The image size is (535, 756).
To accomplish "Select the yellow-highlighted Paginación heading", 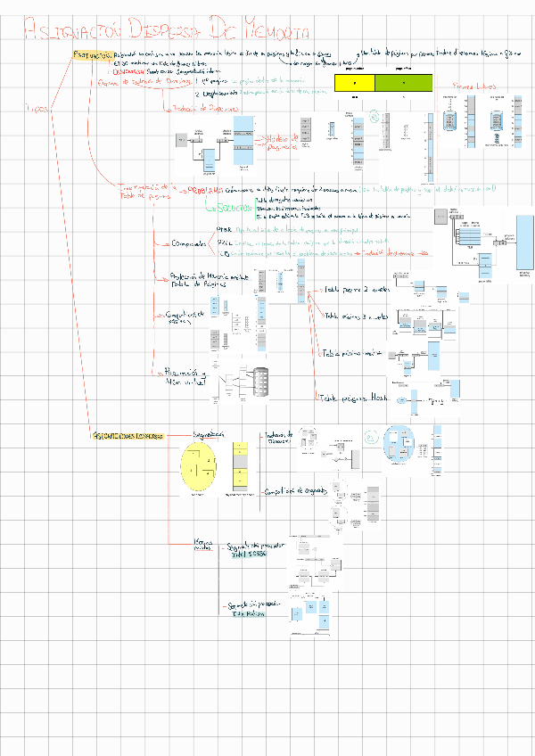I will (x=91, y=55).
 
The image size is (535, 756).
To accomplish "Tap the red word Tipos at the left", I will (x=37, y=109).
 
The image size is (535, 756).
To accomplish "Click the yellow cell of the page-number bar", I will (x=354, y=84).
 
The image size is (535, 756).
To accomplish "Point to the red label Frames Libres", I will (x=473, y=86).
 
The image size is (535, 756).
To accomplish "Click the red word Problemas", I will (x=206, y=190).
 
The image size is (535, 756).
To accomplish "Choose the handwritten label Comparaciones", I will (x=188, y=243).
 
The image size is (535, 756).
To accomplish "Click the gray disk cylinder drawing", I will (x=260, y=383).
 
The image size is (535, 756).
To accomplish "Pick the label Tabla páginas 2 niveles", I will (x=352, y=291).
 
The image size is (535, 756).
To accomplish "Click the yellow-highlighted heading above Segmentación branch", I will (x=128, y=436).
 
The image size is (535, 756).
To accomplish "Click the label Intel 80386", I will (x=249, y=554).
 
